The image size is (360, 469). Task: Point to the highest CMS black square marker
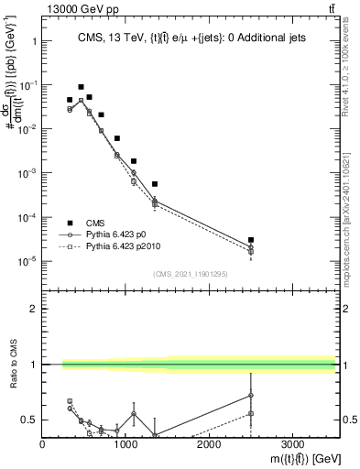pos(81,87)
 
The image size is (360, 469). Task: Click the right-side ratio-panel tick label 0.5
pos(349,420)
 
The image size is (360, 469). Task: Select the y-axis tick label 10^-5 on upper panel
pos(27,261)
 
